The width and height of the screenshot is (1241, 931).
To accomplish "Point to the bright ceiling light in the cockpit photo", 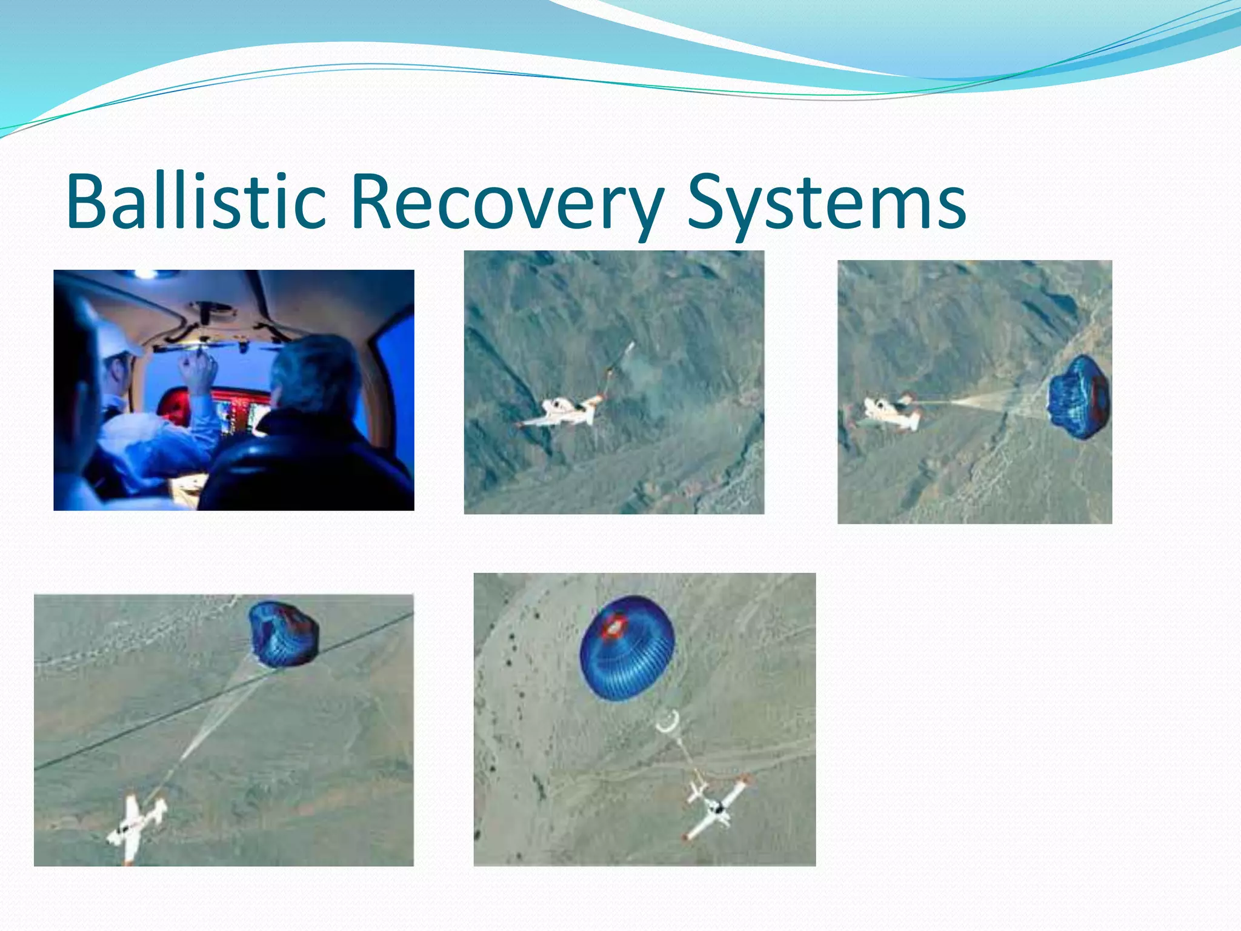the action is click(x=147, y=274).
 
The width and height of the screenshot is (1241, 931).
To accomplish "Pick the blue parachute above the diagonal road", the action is click(x=282, y=633).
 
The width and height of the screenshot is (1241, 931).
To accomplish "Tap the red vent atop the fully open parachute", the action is click(x=614, y=626).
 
